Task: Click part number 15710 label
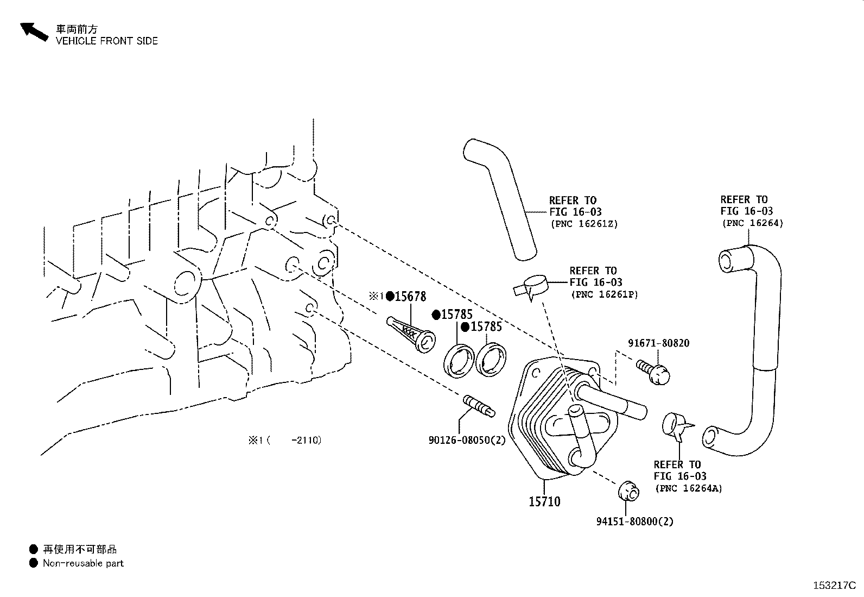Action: [x=544, y=501]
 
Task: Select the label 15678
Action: [x=410, y=297]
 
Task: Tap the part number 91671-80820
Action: [x=658, y=343]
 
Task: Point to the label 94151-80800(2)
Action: [x=634, y=521]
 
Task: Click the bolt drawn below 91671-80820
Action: [x=654, y=372]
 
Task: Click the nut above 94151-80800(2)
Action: [x=628, y=491]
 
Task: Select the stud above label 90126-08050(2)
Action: [x=478, y=407]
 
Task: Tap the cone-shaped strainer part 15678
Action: [x=411, y=334]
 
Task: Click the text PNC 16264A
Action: [x=689, y=488]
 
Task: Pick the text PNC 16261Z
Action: [x=584, y=223]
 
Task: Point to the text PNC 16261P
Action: [x=604, y=294]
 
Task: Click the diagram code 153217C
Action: [x=834, y=586]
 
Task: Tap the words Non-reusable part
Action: [x=83, y=563]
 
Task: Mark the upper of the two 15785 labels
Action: [x=456, y=315]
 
